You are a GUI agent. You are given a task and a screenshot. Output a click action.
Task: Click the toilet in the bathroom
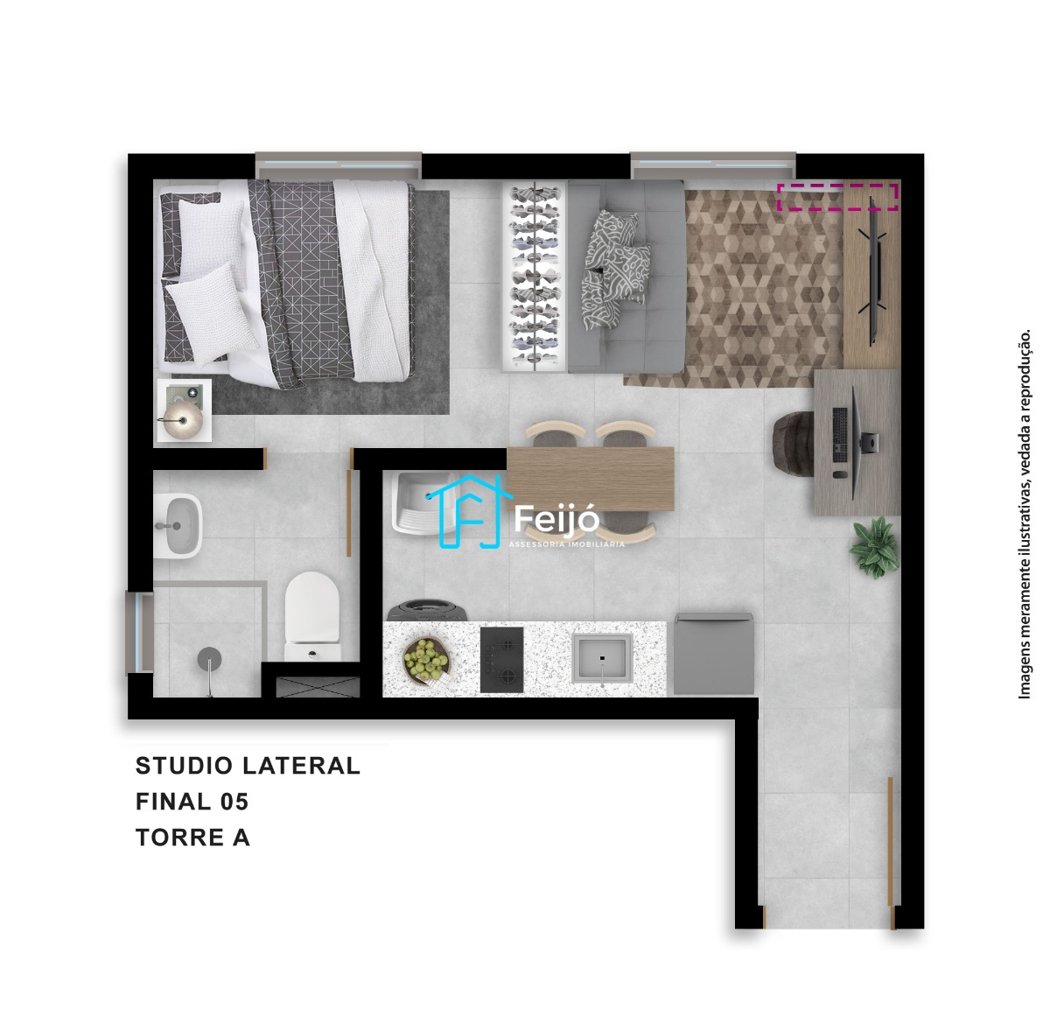312,617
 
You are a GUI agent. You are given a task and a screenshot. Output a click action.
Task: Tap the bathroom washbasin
178,526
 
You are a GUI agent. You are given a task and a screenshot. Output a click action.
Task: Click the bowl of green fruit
427,659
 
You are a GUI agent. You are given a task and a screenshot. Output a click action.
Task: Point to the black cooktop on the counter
501,660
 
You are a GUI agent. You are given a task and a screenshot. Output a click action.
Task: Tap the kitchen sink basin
602,659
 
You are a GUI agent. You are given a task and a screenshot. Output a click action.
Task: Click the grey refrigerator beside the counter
714,654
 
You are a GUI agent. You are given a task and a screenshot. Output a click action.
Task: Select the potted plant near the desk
874,547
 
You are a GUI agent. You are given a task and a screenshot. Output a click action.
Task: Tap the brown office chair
794,443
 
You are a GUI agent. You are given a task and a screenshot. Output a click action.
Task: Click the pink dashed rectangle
837,197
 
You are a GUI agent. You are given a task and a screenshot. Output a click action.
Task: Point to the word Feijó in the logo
556,519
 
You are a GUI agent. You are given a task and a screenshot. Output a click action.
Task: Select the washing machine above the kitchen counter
427,610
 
